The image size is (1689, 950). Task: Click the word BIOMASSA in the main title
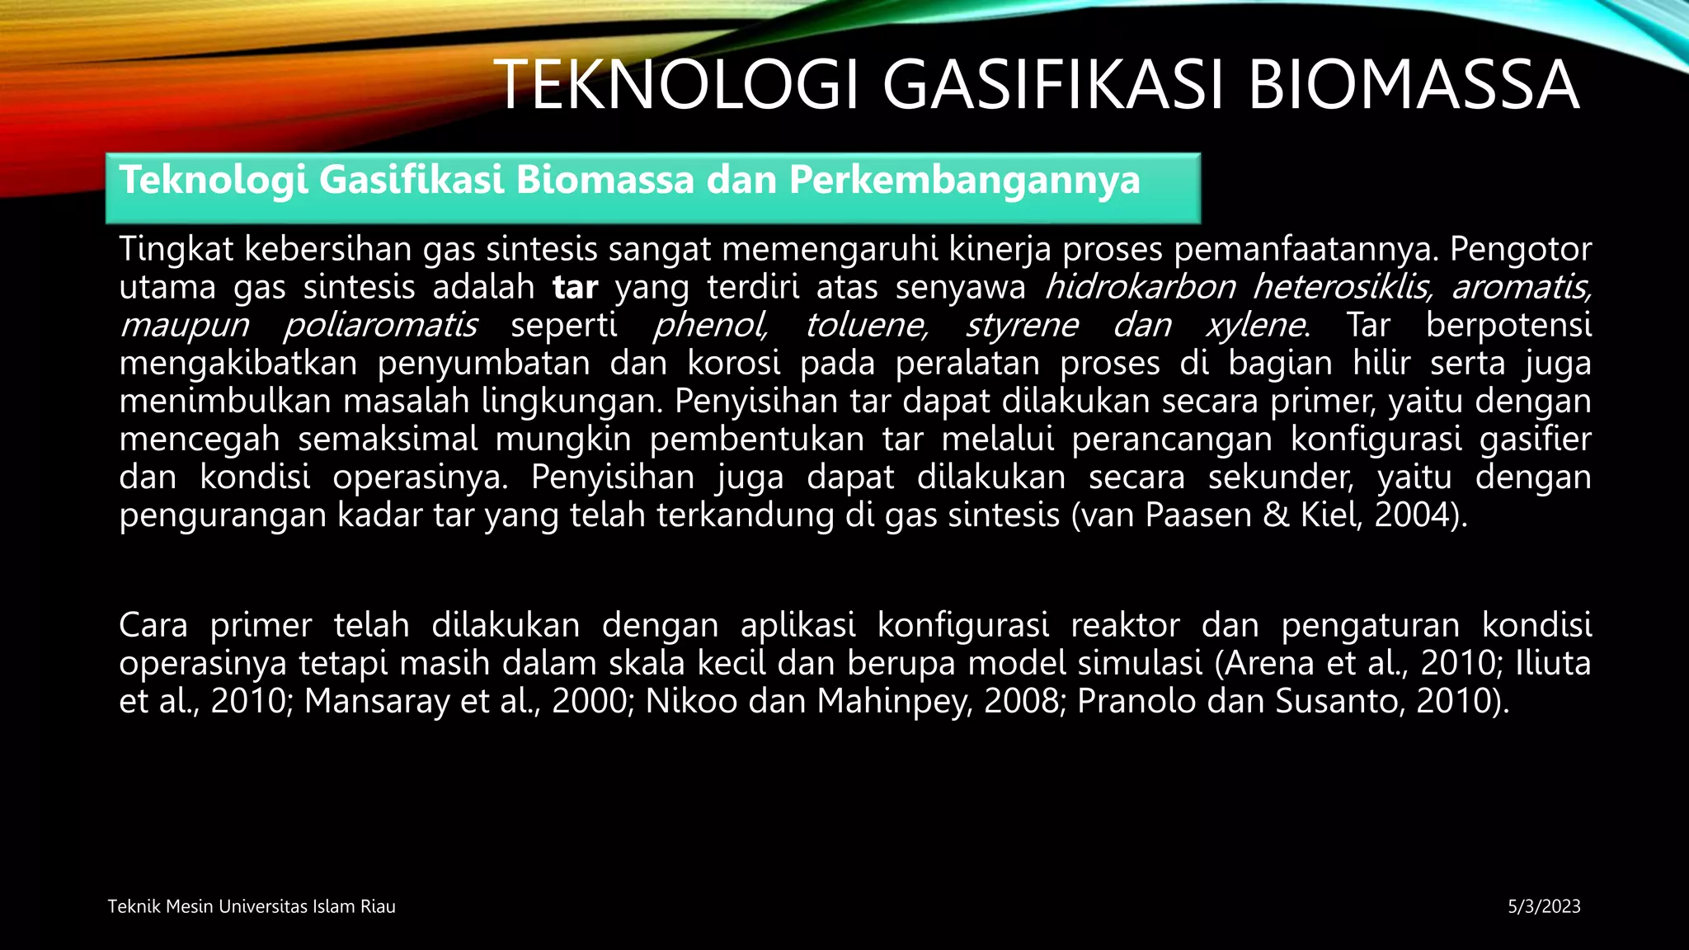click(x=1414, y=85)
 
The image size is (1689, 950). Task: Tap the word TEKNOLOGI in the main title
click(x=681, y=85)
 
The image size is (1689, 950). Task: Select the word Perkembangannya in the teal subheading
click(x=964, y=180)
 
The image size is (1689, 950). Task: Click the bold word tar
click(x=575, y=287)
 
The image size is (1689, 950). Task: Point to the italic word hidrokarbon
click(x=1140, y=287)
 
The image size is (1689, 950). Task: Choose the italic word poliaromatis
click(x=380, y=325)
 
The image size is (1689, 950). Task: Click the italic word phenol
click(x=710, y=325)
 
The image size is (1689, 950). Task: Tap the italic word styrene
click(x=1022, y=325)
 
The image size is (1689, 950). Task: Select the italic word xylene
click(x=1256, y=325)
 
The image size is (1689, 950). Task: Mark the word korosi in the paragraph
click(x=734, y=363)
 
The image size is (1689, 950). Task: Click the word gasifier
click(x=1535, y=439)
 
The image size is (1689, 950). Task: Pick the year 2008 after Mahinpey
click(x=1021, y=701)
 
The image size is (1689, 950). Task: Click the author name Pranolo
click(x=1130, y=701)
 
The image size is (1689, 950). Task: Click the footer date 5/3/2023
click(x=1544, y=907)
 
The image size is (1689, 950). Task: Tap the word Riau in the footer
click(x=378, y=907)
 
